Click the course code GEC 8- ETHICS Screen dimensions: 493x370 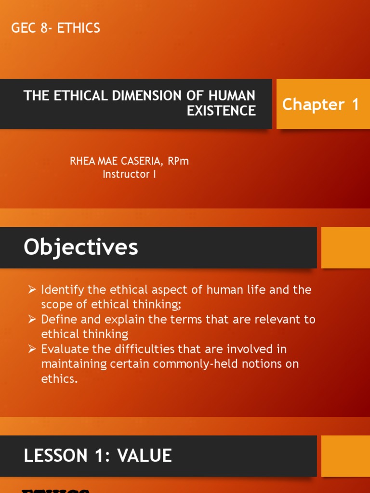click(56, 28)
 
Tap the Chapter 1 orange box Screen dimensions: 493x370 click(320, 104)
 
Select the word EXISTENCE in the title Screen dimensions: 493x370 click(221, 111)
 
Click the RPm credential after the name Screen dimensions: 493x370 click(178, 161)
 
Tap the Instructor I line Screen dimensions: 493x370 click(129, 174)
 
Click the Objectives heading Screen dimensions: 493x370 click(81, 247)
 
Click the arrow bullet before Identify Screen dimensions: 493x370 click(32, 290)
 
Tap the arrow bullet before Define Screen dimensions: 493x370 click(32, 319)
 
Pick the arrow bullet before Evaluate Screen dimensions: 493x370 click(32, 349)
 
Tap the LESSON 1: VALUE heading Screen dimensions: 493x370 click(98, 455)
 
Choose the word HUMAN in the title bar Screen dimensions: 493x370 click(235, 95)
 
